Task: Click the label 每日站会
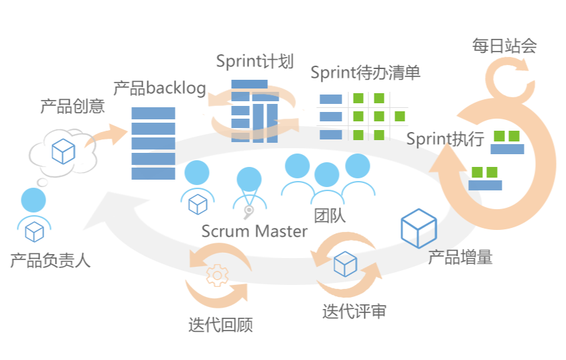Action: click(504, 46)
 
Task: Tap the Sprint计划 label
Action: click(255, 62)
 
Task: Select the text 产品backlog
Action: click(159, 88)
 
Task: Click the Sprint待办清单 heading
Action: click(365, 72)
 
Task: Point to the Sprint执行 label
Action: click(445, 139)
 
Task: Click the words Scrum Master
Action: click(255, 231)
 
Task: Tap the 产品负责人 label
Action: click(50, 260)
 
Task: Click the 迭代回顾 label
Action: click(220, 326)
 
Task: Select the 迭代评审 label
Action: click(354, 312)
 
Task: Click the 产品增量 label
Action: click(460, 257)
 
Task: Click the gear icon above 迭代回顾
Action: click(218, 276)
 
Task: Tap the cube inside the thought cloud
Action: click(63, 152)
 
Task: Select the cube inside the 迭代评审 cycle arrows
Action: click(345, 264)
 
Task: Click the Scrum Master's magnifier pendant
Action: click(249, 213)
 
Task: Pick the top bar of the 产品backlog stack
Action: click(153, 113)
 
